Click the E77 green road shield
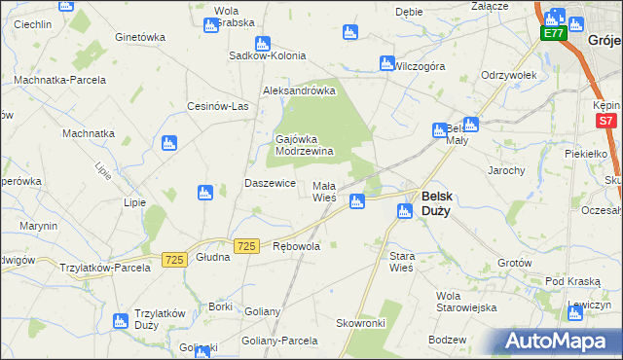[554, 34]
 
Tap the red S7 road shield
[606, 121]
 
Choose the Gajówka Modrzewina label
[305, 145]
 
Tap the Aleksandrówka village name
[299, 90]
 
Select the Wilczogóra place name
[420, 66]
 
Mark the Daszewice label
[270, 184]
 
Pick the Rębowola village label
[297, 247]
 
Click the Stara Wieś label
[402, 262]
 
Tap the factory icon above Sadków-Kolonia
[262, 43]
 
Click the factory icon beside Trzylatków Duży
[120, 320]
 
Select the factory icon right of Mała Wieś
[357, 201]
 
